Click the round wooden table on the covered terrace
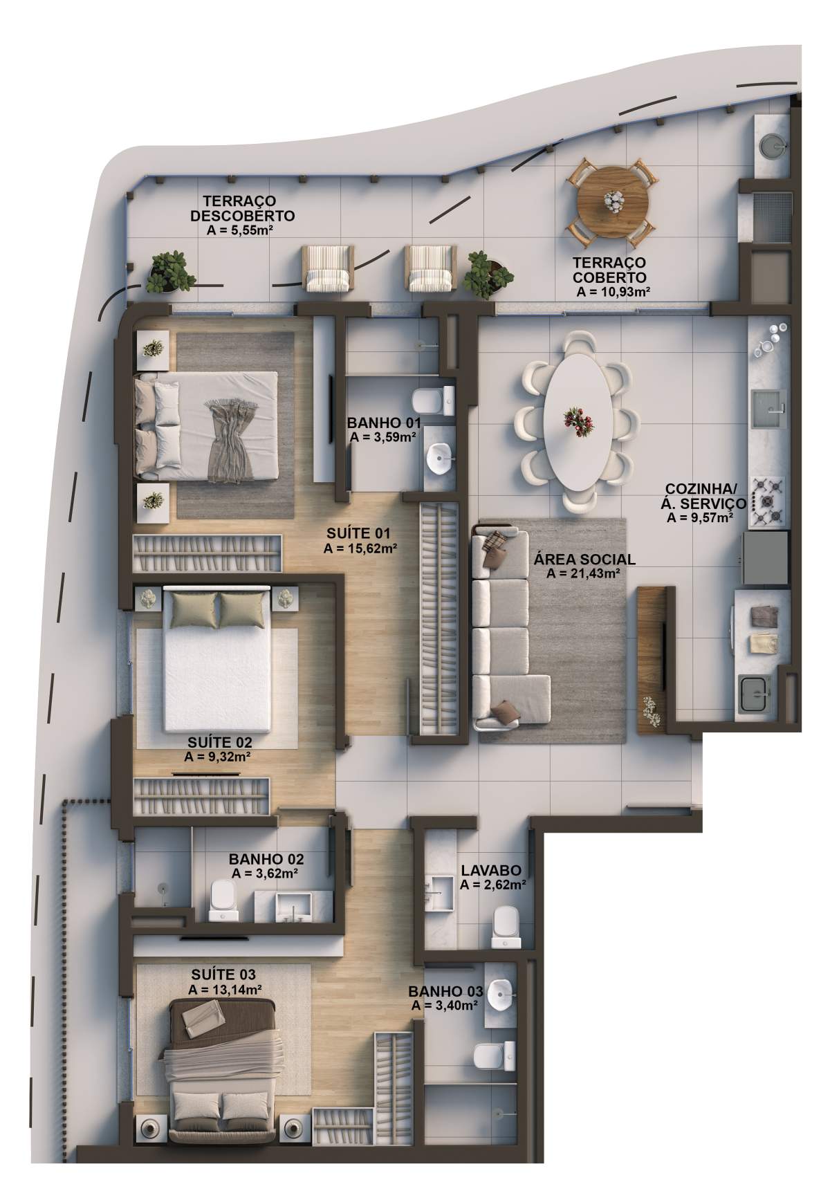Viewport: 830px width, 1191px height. [x=614, y=202]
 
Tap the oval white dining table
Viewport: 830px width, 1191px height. [x=577, y=420]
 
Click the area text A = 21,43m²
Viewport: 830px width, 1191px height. [x=582, y=573]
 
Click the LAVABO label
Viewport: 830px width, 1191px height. [x=490, y=871]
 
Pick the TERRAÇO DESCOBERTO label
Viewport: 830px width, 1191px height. [x=242, y=208]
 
